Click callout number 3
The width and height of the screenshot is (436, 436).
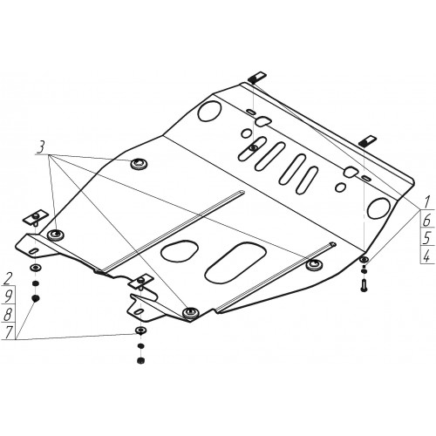(x=41, y=147)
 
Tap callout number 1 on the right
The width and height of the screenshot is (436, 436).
(x=426, y=202)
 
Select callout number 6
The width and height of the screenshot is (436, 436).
(x=426, y=221)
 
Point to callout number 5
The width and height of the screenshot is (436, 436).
(x=426, y=238)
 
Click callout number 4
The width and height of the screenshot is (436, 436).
(x=426, y=256)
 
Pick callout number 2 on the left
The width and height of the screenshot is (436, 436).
(x=8, y=279)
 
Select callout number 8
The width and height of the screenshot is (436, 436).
(x=8, y=315)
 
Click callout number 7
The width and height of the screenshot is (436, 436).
(x=8, y=332)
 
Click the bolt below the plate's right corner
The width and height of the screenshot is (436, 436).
(x=364, y=285)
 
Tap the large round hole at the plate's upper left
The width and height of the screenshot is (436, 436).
(x=209, y=111)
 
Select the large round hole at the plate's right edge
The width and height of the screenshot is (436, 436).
(x=379, y=208)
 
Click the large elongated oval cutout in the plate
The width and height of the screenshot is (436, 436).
(x=235, y=262)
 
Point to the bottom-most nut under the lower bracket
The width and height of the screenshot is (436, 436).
(x=140, y=360)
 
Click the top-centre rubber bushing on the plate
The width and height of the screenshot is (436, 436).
(x=138, y=165)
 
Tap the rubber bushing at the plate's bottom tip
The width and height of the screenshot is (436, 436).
(x=190, y=313)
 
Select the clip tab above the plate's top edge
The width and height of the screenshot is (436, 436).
(x=257, y=76)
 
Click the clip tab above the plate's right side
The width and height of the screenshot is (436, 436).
(x=367, y=140)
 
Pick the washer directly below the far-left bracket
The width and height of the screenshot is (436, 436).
(x=36, y=268)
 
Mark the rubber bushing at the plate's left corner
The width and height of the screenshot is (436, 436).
(x=55, y=235)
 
